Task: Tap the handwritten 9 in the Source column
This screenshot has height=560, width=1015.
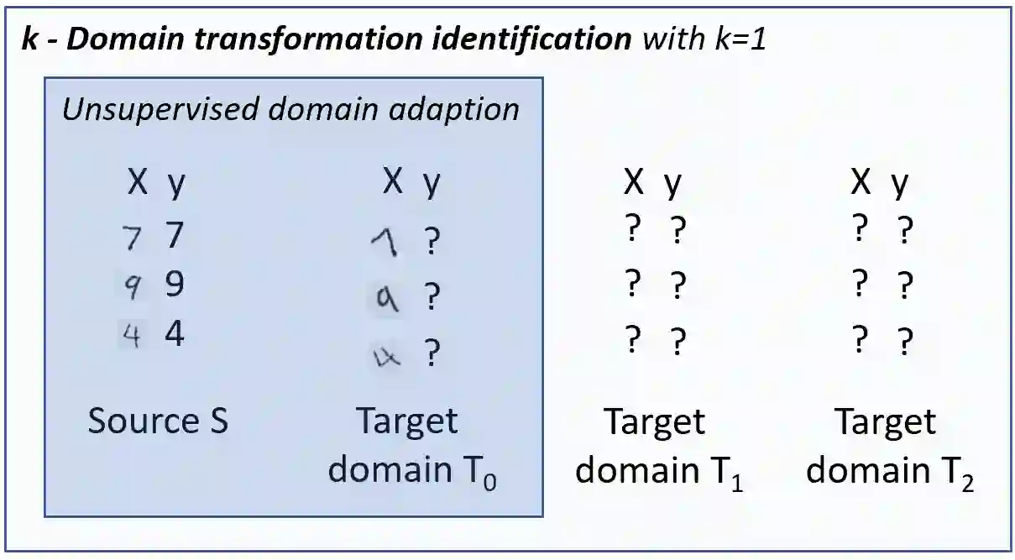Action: [133, 288]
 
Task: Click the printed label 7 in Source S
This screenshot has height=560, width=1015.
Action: [174, 236]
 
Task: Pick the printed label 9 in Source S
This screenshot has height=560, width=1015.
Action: [174, 285]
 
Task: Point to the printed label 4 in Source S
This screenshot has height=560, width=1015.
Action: [174, 334]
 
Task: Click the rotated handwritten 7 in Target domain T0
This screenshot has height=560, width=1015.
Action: [385, 244]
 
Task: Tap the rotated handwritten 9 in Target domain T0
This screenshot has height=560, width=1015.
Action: [385, 297]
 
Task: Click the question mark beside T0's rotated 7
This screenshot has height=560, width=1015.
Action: [432, 243]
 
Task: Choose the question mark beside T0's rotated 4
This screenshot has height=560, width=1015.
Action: [432, 353]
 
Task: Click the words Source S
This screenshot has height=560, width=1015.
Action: [158, 420]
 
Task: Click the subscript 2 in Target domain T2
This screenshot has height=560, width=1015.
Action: [965, 484]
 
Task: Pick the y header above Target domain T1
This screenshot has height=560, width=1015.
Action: [672, 185]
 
